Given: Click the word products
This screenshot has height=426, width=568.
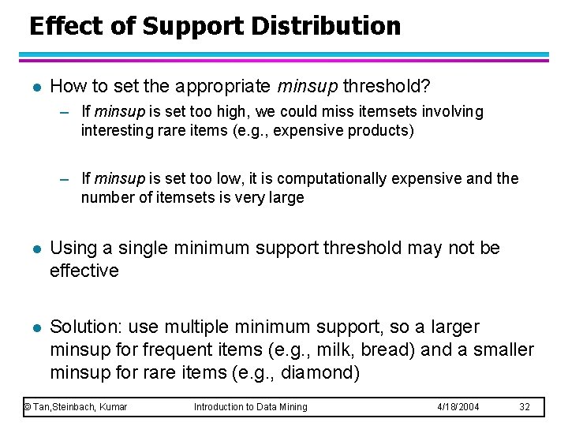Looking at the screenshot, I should click(382, 130).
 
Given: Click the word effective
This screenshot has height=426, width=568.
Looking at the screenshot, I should click(84, 271).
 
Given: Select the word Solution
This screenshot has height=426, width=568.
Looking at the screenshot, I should click(84, 327).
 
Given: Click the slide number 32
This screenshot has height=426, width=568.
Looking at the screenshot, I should click(525, 406).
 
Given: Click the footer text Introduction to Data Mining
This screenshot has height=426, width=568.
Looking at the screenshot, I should click(251, 406).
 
